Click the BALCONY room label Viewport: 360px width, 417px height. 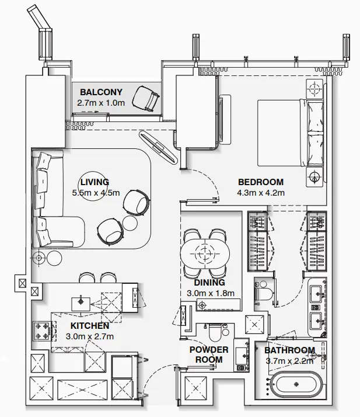coord(101,92)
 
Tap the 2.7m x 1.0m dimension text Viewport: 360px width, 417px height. coord(101,102)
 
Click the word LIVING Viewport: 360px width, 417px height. coord(95,182)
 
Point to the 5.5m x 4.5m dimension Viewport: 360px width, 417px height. coord(95,192)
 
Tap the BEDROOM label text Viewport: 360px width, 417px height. coord(260,182)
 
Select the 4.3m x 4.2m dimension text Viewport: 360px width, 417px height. coord(260,192)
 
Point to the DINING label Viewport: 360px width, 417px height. coord(210,283)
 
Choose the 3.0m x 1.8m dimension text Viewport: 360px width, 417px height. coord(210,293)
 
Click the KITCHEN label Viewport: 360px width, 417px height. coord(89,325)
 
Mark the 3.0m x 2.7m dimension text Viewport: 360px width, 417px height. coord(89,336)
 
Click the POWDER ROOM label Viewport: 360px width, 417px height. coord(208,355)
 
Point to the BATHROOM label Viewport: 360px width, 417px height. coord(289,350)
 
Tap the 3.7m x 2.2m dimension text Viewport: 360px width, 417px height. coord(289,360)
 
